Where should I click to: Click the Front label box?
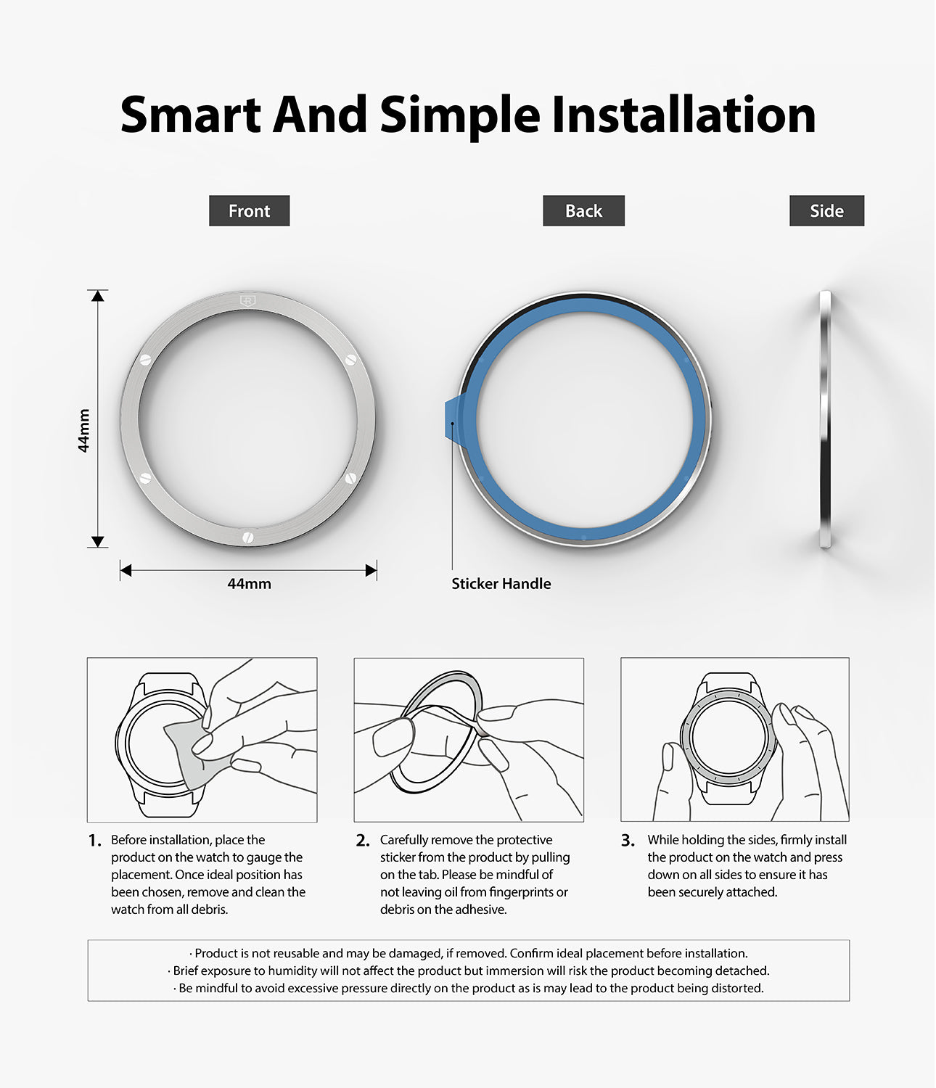click(x=249, y=210)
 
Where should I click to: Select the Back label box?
click(x=583, y=210)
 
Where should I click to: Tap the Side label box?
click(x=826, y=210)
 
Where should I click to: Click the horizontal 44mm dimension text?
click(x=249, y=584)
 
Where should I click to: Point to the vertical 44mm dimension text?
click(x=83, y=430)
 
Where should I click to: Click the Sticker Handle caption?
click(x=501, y=584)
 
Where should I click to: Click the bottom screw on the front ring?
click(x=247, y=537)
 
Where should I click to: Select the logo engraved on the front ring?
click(x=247, y=301)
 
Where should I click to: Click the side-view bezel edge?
click(x=825, y=419)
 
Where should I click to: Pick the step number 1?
click(x=95, y=841)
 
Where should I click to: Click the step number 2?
click(x=363, y=841)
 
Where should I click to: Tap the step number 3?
click(x=628, y=841)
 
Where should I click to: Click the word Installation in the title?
click(x=683, y=115)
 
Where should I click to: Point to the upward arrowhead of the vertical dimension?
click(x=97, y=296)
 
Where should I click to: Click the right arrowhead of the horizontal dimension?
click(x=371, y=570)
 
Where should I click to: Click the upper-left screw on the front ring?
click(x=146, y=360)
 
